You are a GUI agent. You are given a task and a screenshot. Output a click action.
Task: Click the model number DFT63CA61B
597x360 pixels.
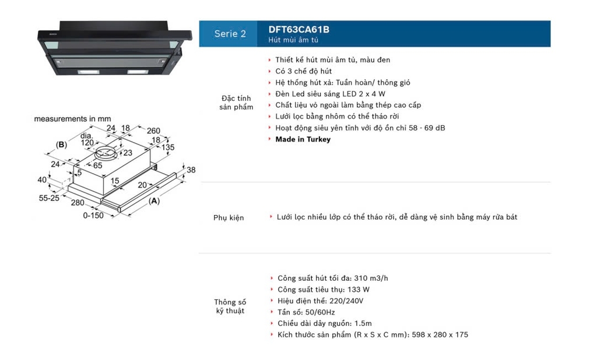[x=299, y=29]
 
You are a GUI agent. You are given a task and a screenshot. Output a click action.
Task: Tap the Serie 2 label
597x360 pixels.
[x=230, y=33]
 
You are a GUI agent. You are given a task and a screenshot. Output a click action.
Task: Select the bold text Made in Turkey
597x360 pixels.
[x=303, y=139]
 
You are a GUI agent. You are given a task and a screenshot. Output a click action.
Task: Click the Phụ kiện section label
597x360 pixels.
[x=229, y=218]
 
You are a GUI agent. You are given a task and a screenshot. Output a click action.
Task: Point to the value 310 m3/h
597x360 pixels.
[x=371, y=278]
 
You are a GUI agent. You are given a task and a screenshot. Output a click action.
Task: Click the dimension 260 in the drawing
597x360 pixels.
[x=153, y=130]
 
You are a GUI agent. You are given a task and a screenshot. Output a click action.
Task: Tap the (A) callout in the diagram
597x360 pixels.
[x=154, y=201]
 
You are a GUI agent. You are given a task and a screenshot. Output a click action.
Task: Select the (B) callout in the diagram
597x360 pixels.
[x=61, y=144]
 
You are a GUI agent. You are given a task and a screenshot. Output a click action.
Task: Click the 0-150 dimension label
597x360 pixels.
[x=93, y=216]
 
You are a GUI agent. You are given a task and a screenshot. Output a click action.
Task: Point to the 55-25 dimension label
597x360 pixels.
[x=49, y=198]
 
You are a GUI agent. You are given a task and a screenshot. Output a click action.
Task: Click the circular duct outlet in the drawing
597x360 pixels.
[x=106, y=154]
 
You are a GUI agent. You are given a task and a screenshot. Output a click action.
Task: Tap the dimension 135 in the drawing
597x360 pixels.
[x=168, y=147]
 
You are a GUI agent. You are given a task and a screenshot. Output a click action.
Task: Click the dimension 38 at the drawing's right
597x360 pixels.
[x=191, y=170]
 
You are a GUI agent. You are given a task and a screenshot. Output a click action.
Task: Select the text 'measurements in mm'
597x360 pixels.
[x=72, y=119]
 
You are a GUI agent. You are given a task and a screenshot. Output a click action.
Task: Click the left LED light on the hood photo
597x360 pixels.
[x=89, y=72]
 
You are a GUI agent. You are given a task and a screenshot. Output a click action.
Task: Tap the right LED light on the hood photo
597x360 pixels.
[x=138, y=72]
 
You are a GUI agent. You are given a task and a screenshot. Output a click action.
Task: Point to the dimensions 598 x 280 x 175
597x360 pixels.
[x=440, y=335]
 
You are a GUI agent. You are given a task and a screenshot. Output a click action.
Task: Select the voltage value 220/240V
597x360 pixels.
[x=346, y=301]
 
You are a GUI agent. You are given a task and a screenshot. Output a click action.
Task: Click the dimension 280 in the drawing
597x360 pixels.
[x=78, y=203]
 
